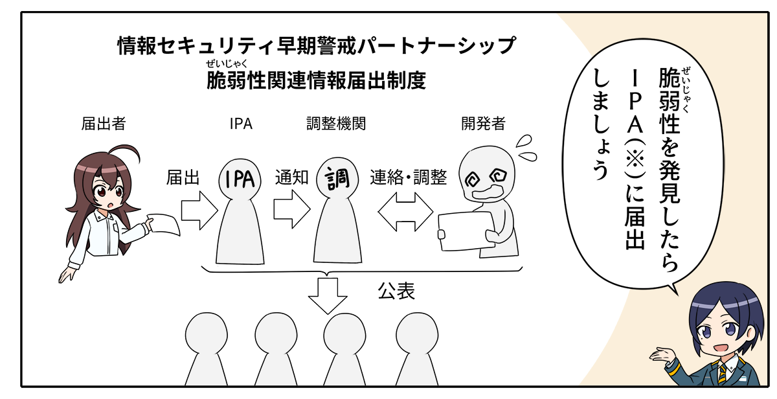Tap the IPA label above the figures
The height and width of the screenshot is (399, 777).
pyautogui.click(x=241, y=124)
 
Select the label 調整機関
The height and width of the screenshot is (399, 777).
pyautogui.click(x=335, y=124)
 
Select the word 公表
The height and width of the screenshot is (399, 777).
pyautogui.click(x=396, y=291)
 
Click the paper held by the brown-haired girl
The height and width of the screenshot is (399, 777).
pyautogui.click(x=165, y=225)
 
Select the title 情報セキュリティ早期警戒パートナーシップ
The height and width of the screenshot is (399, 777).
pyautogui.click(x=317, y=46)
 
